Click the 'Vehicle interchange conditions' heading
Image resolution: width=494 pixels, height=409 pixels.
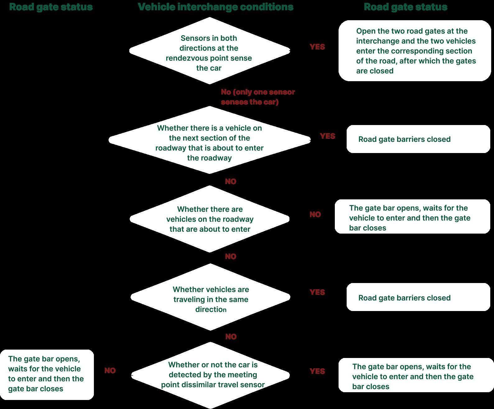click(x=215, y=7)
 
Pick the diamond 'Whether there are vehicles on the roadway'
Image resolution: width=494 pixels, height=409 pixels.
click(x=210, y=219)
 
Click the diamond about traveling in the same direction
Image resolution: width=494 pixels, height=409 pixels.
click(x=210, y=297)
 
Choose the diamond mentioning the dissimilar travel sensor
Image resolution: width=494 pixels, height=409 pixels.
click(x=210, y=375)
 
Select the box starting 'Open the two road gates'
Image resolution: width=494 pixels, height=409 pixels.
click(x=414, y=51)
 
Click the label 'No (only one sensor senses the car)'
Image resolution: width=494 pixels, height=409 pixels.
click(x=257, y=97)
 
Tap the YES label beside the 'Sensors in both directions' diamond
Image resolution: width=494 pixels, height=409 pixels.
click(x=317, y=47)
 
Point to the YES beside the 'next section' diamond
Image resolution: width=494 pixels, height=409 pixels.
click(x=327, y=136)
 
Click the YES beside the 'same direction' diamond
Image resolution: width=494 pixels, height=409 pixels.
click(x=317, y=292)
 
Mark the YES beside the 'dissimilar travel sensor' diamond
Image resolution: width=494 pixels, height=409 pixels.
click(x=317, y=371)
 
